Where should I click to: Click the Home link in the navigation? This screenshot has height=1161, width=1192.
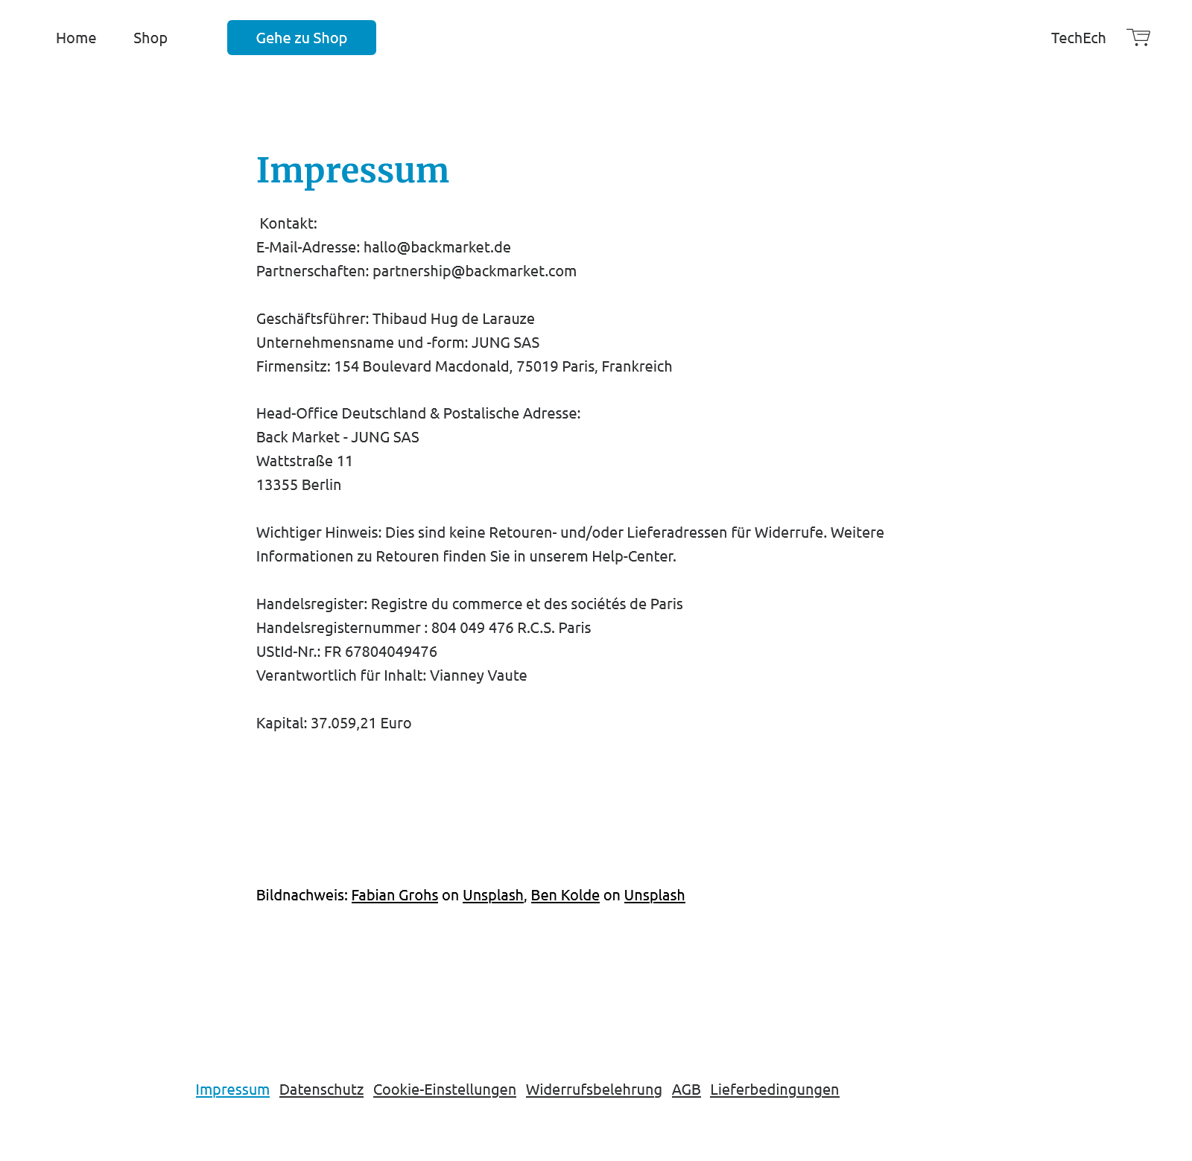click(76, 38)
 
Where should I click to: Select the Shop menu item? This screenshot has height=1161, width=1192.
click(150, 38)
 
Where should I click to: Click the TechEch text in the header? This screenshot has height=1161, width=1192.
click(1078, 38)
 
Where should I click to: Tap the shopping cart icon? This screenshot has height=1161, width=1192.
click(1138, 37)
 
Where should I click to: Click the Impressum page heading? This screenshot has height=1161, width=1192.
click(352, 171)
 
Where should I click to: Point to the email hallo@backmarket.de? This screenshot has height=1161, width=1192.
click(437, 247)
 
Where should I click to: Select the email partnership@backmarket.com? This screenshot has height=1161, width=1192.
click(474, 271)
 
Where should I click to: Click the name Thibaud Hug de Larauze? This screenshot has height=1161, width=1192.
click(453, 319)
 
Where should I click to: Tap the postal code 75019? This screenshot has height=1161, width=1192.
click(537, 366)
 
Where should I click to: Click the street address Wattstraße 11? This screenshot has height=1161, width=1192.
click(304, 461)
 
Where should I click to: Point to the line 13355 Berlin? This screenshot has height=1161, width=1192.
click(299, 485)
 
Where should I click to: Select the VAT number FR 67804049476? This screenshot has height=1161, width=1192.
click(380, 652)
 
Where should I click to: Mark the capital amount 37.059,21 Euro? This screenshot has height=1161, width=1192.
click(361, 723)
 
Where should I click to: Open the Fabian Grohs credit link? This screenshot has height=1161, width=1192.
click(394, 895)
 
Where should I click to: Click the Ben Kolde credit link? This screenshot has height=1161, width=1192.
click(565, 895)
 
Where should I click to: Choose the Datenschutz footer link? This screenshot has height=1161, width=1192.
click(321, 1090)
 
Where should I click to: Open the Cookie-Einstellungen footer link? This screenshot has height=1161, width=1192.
click(444, 1090)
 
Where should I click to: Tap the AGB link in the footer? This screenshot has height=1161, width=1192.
click(686, 1090)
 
